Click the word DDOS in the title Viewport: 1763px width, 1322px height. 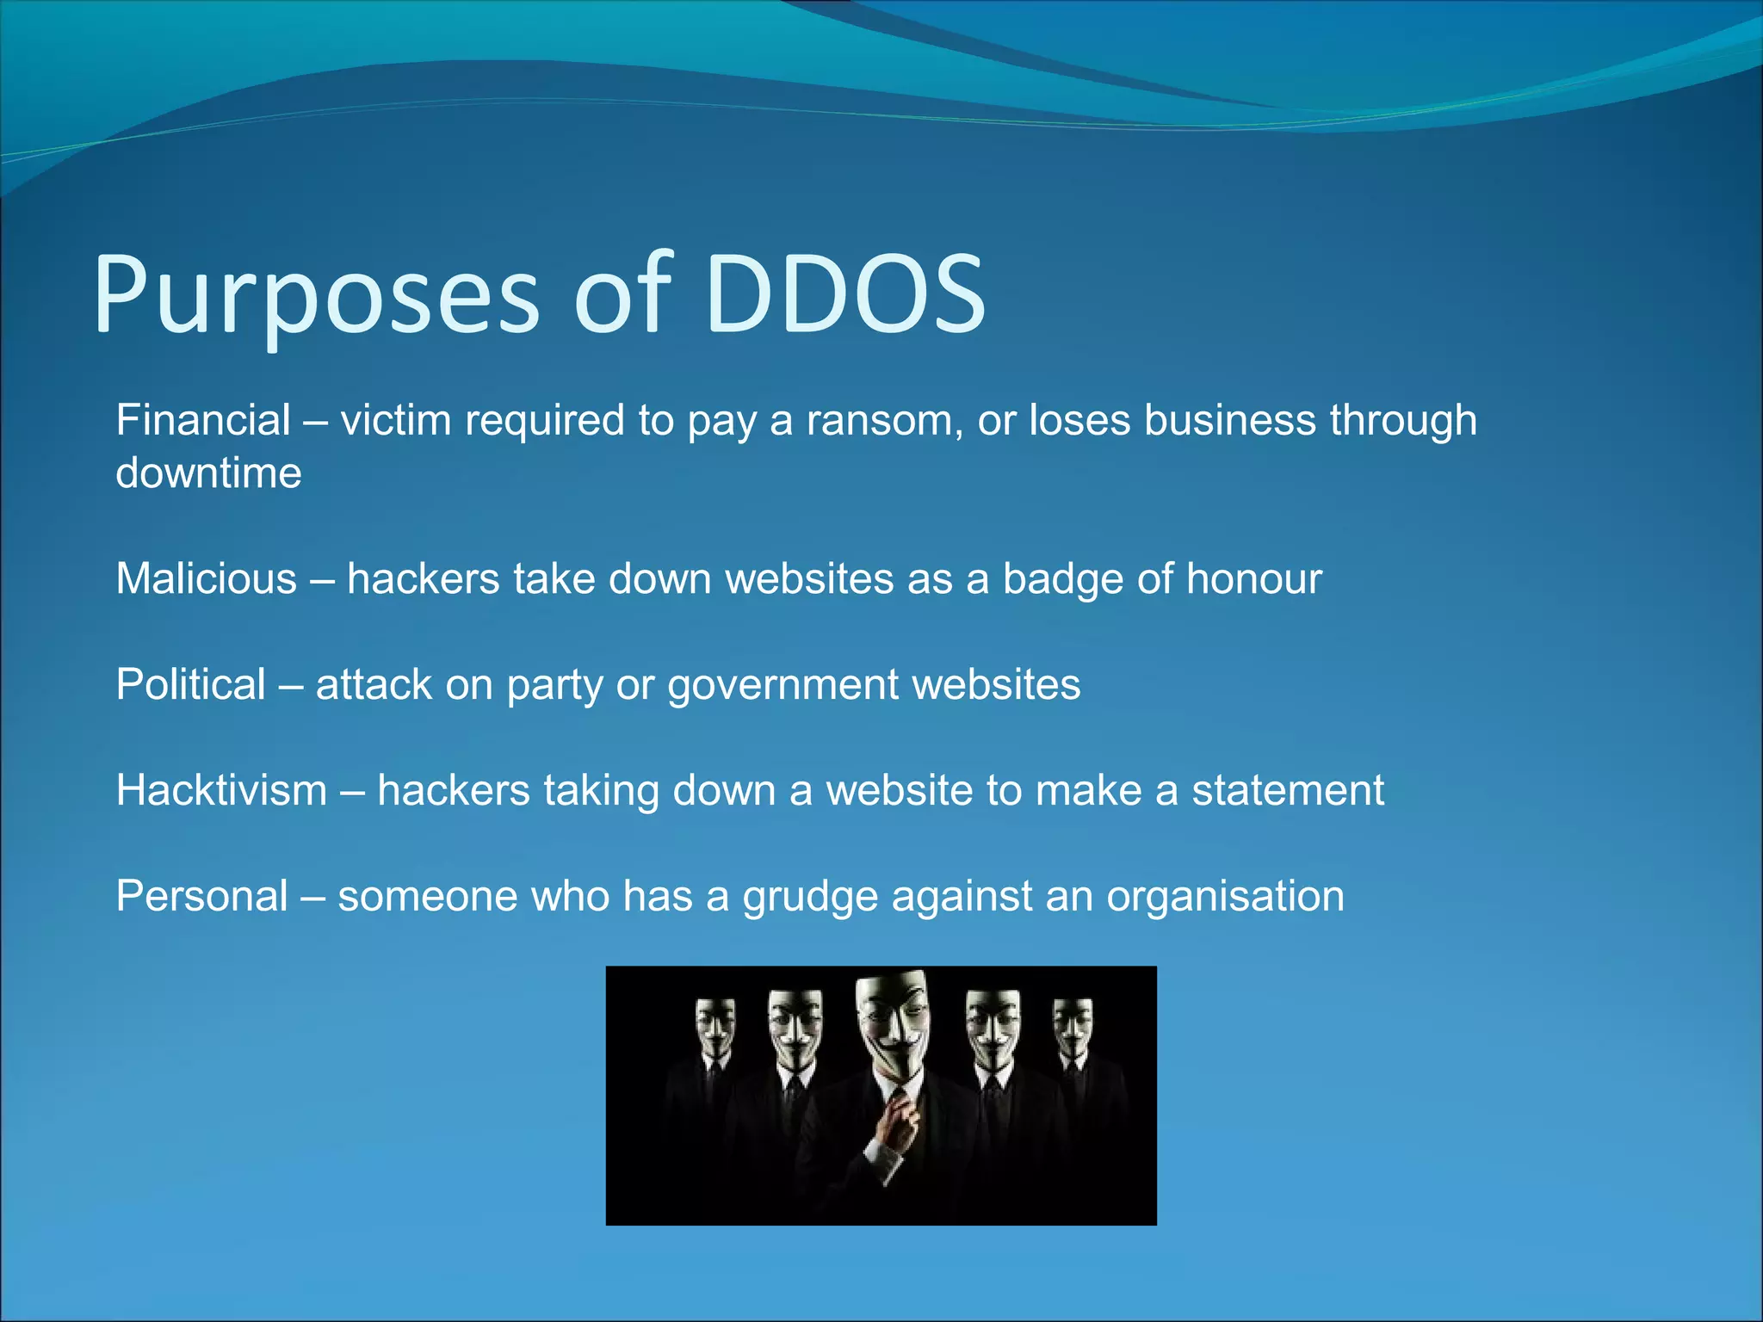click(x=845, y=294)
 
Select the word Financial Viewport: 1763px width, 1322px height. click(x=203, y=421)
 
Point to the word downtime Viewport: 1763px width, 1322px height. click(x=209, y=473)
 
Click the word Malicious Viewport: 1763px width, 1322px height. click(x=207, y=578)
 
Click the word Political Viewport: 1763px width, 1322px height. click(x=191, y=685)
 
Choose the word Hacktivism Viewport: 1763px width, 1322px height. click(x=222, y=790)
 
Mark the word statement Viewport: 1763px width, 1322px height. click(x=1288, y=790)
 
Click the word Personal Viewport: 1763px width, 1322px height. click(x=202, y=896)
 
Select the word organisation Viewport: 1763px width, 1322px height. click(x=1225, y=896)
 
